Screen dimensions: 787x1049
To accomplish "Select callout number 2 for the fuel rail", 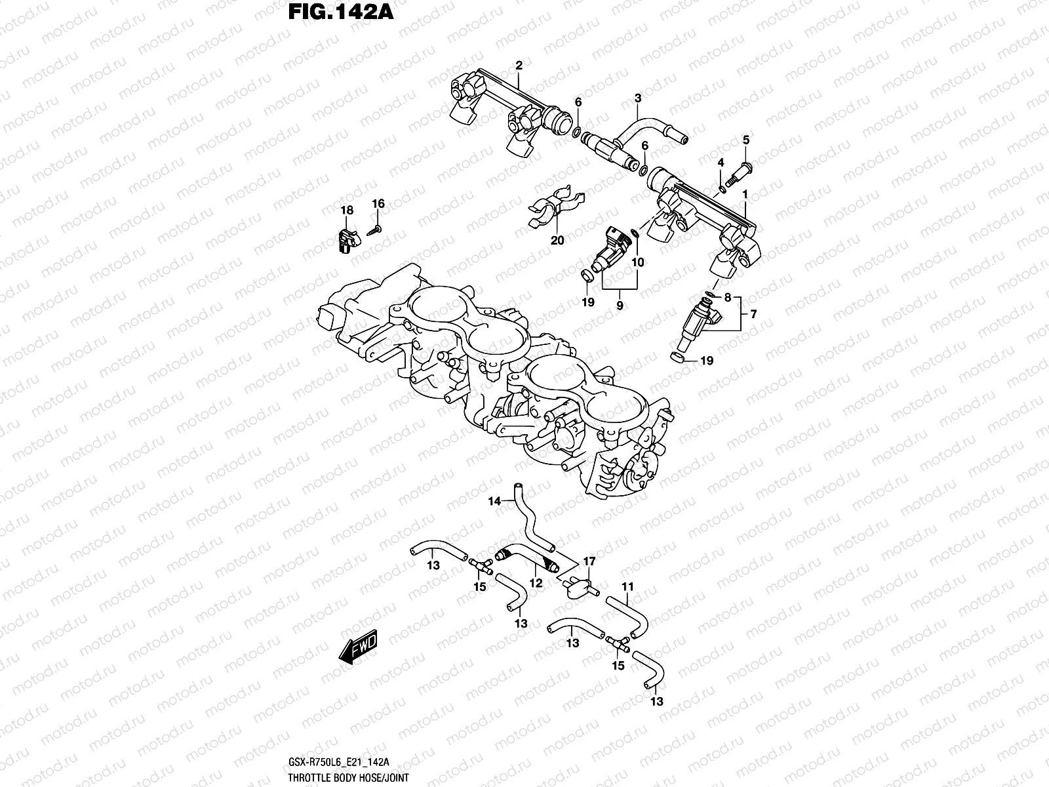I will point(519,66).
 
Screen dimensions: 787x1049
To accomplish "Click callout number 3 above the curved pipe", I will point(637,98).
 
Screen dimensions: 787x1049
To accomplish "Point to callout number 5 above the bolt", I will point(745,140).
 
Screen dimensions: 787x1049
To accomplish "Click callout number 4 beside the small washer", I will point(721,163).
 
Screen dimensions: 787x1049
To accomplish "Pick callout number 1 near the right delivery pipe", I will point(745,194).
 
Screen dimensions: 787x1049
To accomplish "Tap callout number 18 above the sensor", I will point(346,211).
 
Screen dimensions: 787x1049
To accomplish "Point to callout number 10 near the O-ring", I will point(637,262).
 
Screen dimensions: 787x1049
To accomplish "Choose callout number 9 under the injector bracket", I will point(620,306).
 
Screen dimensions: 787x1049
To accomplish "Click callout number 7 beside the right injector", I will point(753,315).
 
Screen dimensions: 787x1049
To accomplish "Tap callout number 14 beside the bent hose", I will point(494,502).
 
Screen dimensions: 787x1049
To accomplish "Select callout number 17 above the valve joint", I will point(589,561).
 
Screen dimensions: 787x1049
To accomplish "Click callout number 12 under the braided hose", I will point(536,582).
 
